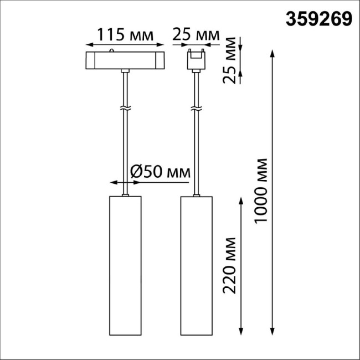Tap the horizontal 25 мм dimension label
pos(196,34)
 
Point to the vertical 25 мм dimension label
pos(231,59)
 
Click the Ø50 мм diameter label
pos(160,172)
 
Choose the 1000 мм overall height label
pos(261,191)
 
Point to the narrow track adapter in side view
pos(196,60)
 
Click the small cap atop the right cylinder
pos(196,195)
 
